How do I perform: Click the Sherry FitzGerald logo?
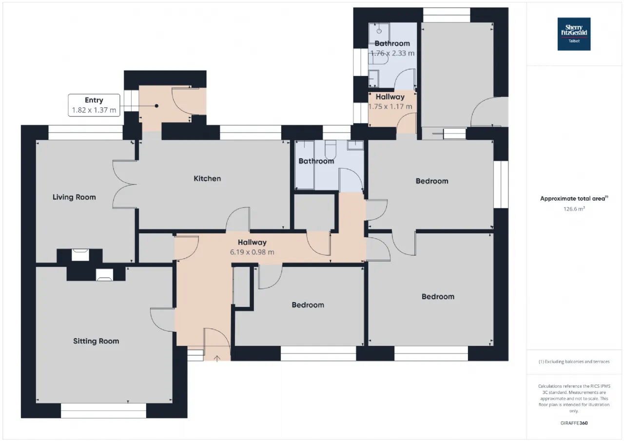click(x=574, y=34)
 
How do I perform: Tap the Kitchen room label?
click(x=207, y=178)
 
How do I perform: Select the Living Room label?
click(x=74, y=197)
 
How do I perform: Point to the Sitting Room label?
click(x=96, y=341)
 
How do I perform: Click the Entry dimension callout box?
click(x=94, y=105)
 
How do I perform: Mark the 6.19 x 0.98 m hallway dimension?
click(x=252, y=252)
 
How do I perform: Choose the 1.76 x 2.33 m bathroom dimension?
click(x=392, y=53)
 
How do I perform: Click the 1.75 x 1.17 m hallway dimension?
click(x=390, y=107)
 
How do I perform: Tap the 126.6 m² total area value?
click(x=574, y=209)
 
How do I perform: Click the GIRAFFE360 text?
click(x=574, y=423)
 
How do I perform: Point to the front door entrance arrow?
click(x=217, y=358)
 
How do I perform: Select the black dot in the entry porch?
click(x=156, y=106)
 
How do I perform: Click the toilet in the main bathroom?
click(x=331, y=150)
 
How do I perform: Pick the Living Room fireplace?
click(x=80, y=255)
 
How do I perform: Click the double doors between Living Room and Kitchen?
click(x=124, y=184)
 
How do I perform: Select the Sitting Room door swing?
click(x=162, y=320)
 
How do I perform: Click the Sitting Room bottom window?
click(x=103, y=411)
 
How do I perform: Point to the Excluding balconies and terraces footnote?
click(x=574, y=362)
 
